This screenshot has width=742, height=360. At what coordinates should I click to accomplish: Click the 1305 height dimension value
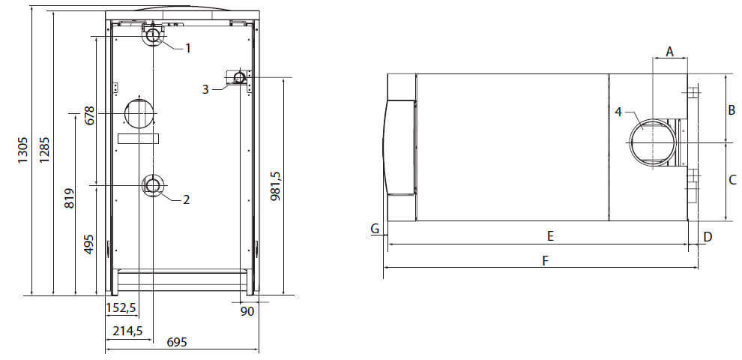click(23, 151)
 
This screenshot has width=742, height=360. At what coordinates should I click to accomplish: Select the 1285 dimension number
click(44, 151)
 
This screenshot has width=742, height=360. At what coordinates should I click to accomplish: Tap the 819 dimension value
click(69, 199)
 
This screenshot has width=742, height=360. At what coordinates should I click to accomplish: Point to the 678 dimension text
click(89, 115)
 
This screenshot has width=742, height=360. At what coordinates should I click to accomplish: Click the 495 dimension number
click(89, 244)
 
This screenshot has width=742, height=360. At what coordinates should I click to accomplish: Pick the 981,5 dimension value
click(276, 186)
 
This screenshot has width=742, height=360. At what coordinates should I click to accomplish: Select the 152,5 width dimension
click(121, 308)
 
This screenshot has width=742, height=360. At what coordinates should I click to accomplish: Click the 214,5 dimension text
click(127, 331)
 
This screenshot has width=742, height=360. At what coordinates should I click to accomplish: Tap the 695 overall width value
click(177, 342)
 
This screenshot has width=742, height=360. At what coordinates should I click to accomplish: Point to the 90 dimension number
click(247, 311)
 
